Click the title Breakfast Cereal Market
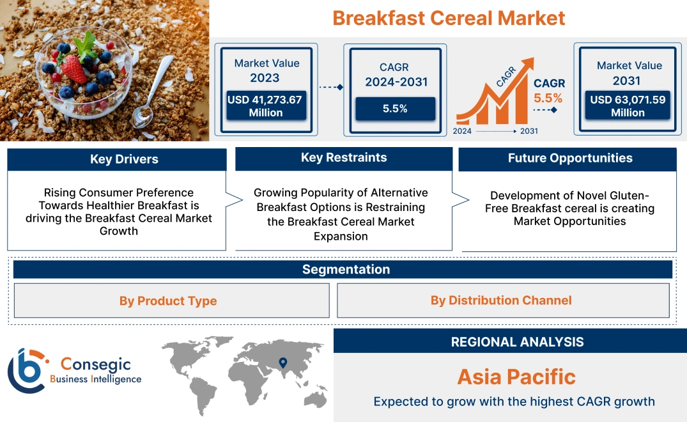[449, 18]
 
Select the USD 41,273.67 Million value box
[265, 105]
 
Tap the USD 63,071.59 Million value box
[628, 105]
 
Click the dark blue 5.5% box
[395, 109]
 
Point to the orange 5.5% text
[548, 98]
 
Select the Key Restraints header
[344, 158]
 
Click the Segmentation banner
[346, 269]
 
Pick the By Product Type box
[168, 301]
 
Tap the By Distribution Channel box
[501, 301]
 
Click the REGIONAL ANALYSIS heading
[517, 342]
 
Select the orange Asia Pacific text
[516, 377]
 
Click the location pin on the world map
[283, 364]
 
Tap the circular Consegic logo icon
[27, 371]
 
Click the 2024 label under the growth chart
[463, 131]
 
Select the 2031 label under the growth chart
[529, 131]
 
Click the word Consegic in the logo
[95, 364]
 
